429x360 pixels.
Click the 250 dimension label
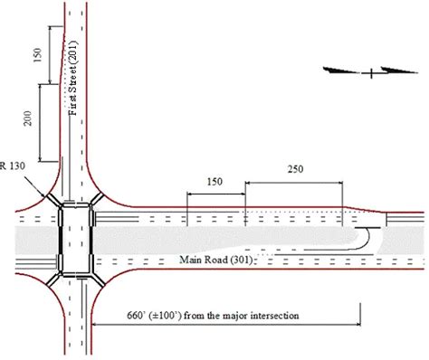click(x=293, y=169)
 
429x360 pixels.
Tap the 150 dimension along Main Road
click(x=214, y=182)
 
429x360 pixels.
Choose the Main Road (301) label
click(x=221, y=260)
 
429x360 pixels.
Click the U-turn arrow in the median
click(x=360, y=239)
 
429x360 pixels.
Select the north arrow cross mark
click(x=371, y=71)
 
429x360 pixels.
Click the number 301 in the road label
click(x=244, y=260)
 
